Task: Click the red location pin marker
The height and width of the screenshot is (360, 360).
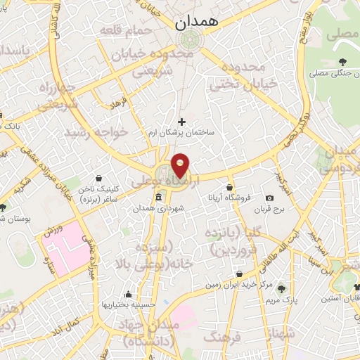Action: [x=181, y=166]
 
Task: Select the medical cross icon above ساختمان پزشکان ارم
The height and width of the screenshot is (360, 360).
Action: [x=182, y=121]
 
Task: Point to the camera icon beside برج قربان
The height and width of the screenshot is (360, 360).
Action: [x=270, y=199]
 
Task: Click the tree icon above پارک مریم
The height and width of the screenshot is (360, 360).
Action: [x=282, y=288]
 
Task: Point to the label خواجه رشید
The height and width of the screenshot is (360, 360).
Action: [x=96, y=131]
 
